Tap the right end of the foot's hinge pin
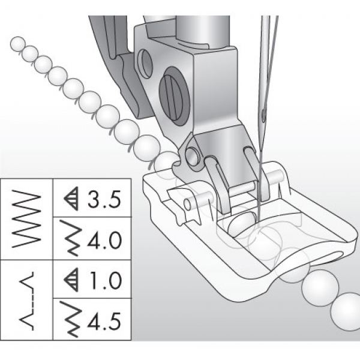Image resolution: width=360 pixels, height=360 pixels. pyautogui.click(x=277, y=177)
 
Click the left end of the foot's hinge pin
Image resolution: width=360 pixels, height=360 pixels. pyautogui.click(x=187, y=205)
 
